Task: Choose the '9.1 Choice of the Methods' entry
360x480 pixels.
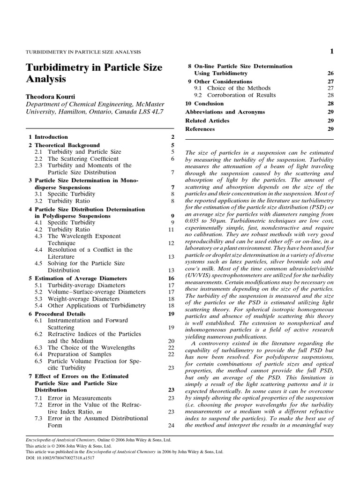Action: [232, 88]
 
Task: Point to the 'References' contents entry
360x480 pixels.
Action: [200, 129]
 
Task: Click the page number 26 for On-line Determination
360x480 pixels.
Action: [330, 74]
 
